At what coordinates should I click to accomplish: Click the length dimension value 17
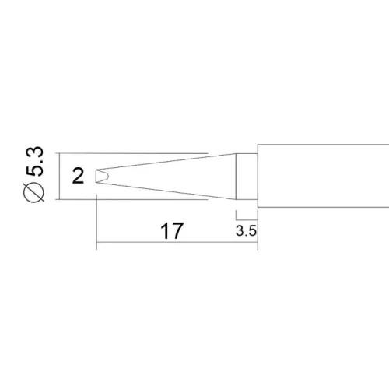point(171,231)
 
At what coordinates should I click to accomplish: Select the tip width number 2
point(77,177)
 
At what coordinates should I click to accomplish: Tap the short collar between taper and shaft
point(247,177)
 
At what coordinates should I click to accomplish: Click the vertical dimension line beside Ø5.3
point(58,177)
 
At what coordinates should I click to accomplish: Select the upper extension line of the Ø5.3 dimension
point(132,153)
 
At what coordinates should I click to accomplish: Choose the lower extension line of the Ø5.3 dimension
point(132,200)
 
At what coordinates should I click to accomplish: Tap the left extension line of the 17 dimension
point(96,222)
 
